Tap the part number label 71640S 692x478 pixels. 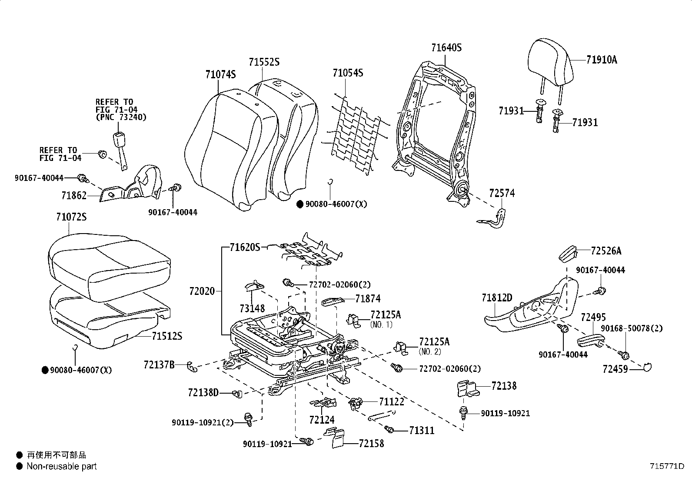click(446, 48)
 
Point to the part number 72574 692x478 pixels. click(502, 193)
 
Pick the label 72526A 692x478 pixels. click(606, 251)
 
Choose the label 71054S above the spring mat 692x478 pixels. click(348, 73)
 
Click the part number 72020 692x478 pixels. click(202, 291)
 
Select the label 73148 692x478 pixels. click(252, 308)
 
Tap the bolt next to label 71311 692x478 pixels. click(390, 430)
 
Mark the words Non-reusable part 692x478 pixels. click(62, 467)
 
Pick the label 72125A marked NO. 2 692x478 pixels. click(434, 342)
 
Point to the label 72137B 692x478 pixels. click(159, 364)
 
